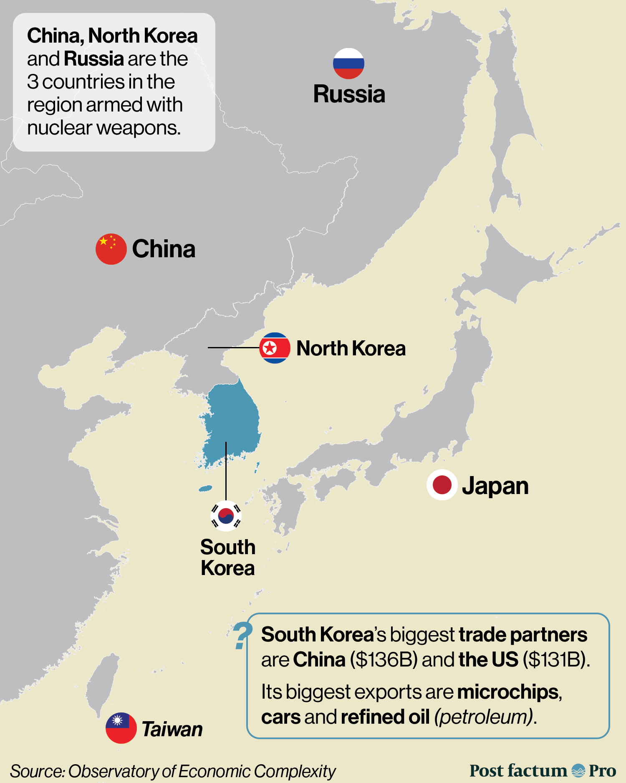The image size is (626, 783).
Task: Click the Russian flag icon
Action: click(348, 63)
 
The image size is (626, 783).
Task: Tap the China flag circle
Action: click(111, 249)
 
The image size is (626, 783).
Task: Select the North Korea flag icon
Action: click(275, 348)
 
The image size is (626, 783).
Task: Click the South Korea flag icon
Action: click(226, 516)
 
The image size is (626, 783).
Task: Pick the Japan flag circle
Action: click(442, 485)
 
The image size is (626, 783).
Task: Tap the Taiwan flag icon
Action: click(121, 728)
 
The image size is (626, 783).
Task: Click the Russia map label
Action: click(349, 94)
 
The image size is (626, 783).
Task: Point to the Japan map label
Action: click(495, 486)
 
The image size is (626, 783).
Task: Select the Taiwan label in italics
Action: click(172, 729)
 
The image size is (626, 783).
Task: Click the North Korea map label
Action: click(351, 348)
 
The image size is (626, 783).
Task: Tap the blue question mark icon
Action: click(242, 636)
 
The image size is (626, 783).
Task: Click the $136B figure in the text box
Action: click(384, 660)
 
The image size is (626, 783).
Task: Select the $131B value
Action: click(556, 660)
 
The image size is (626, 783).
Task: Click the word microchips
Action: click(508, 692)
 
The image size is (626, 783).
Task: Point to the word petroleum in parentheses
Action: click(484, 717)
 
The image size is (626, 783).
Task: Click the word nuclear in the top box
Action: click(59, 128)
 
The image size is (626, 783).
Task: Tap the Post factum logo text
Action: click(518, 770)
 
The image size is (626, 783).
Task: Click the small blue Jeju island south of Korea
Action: click(205, 489)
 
